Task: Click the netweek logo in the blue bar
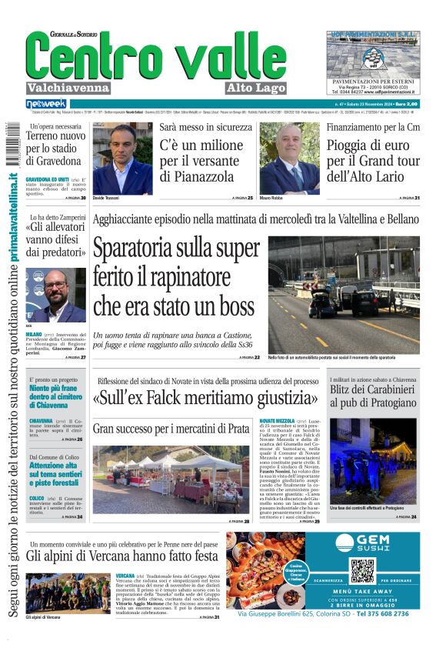[x=46, y=104]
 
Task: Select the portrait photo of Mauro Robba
[x=289, y=158]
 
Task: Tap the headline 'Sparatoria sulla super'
[x=177, y=249]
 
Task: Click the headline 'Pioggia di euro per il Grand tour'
[x=373, y=161]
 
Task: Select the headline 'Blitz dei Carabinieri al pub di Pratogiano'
[x=373, y=396]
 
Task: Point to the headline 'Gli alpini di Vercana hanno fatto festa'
[x=123, y=555]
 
